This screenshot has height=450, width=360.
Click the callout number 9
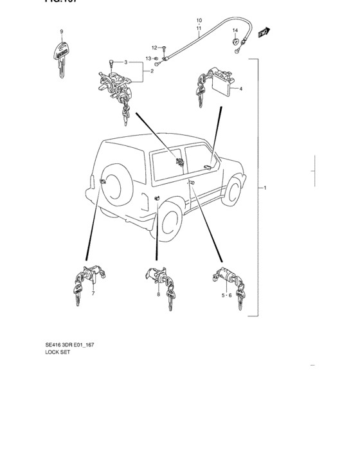pyautogui.click(x=62, y=32)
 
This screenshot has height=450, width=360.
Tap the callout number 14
pyautogui.click(x=235, y=30)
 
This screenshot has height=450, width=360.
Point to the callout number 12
pyautogui.click(x=154, y=48)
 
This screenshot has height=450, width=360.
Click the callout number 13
pyautogui.click(x=148, y=59)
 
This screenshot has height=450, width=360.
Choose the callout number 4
pyautogui.click(x=240, y=89)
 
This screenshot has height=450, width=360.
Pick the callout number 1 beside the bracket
pyautogui.click(x=265, y=188)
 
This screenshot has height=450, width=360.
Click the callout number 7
pyautogui.click(x=93, y=294)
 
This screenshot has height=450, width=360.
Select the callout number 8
pyautogui.click(x=158, y=294)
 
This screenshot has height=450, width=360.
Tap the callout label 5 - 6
pyautogui.click(x=225, y=295)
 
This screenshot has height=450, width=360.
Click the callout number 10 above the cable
pyautogui.click(x=199, y=21)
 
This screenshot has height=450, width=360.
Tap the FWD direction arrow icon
pyautogui.click(x=262, y=32)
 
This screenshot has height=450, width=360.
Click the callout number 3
pyautogui.click(x=127, y=62)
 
